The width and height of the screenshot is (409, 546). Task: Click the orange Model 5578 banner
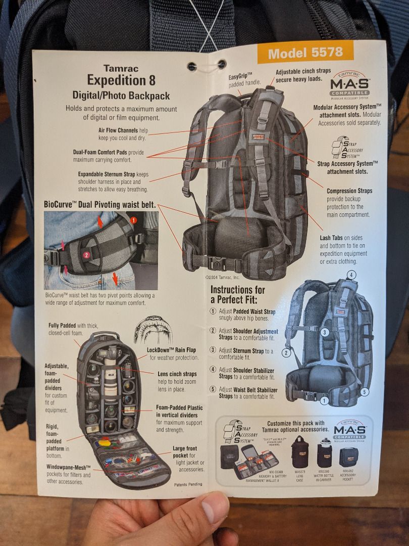[305, 53]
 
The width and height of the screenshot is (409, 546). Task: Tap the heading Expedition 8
[121, 80]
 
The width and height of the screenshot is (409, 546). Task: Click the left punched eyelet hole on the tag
[191, 66]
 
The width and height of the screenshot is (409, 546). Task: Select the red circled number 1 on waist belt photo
[134, 220]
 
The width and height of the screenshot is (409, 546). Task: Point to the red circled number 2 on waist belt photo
[86, 255]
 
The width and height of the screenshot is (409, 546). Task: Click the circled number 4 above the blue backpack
[351, 275]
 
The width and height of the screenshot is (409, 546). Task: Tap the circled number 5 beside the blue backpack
[365, 391]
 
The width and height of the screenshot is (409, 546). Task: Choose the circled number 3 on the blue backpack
[325, 332]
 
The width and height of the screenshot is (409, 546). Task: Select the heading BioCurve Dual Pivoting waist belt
[100, 205]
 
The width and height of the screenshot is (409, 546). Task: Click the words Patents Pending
[188, 484]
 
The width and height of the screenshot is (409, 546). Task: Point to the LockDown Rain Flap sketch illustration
[152, 330]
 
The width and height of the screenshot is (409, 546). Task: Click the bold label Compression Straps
[349, 191]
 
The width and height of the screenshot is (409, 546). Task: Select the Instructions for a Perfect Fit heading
[237, 294]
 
